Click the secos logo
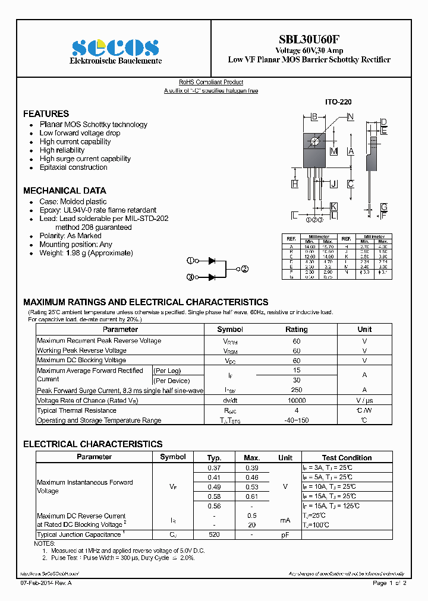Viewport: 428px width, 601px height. tap(115, 48)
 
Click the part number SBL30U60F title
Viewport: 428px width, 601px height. tap(309, 39)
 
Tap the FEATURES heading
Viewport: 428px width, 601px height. tap(46, 113)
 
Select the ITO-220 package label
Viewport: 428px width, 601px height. tap(338, 102)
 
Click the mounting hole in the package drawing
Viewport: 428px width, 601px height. tap(314, 141)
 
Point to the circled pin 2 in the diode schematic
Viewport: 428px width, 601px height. tap(244, 269)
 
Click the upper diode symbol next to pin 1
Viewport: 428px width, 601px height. tap(211, 261)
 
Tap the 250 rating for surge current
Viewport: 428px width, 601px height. tap(297, 390)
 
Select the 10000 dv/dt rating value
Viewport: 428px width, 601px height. tap(297, 401)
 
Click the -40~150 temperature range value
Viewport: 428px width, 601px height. tap(297, 420)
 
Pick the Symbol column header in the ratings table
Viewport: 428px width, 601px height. tap(230, 329)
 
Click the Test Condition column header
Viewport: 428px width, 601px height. tap(347, 457)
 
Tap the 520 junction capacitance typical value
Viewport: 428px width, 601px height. tap(214, 535)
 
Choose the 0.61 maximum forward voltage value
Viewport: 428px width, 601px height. tap(252, 496)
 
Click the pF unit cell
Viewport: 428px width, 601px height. tap(285, 535)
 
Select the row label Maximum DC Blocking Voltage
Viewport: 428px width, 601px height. tap(81, 360)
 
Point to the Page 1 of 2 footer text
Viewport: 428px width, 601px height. tap(389, 583)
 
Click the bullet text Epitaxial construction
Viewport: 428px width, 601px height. tap(73, 167)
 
